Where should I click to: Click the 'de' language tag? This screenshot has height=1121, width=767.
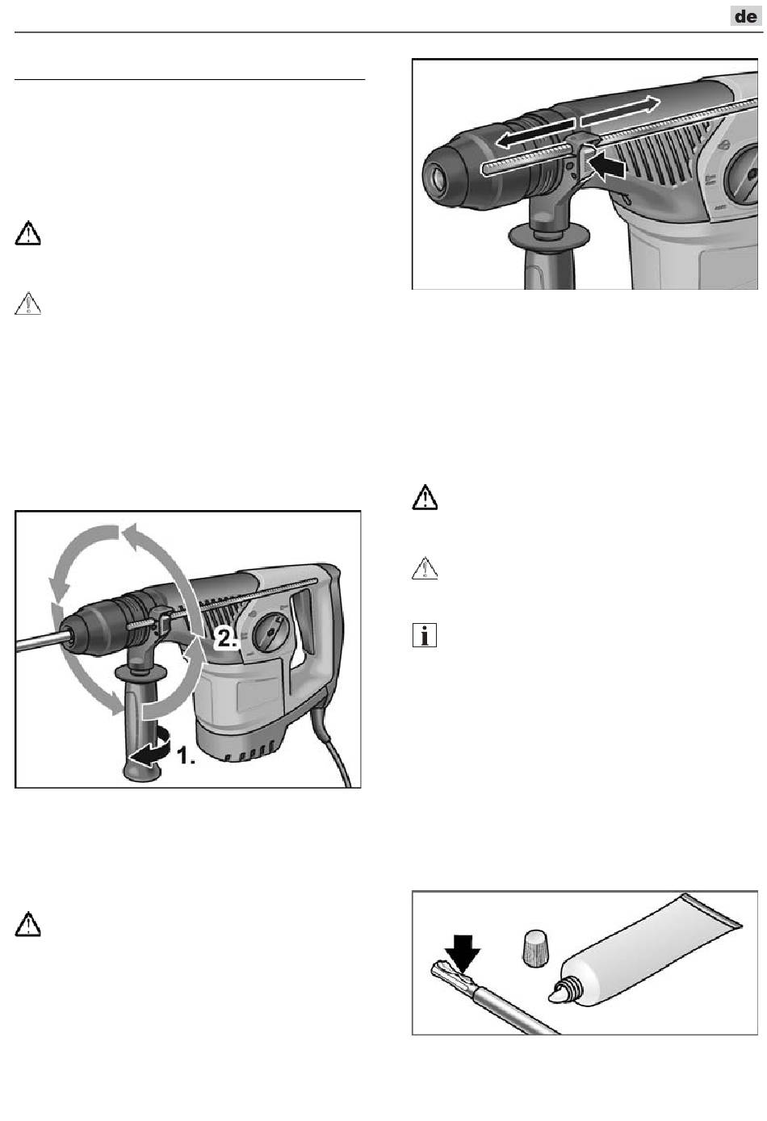[x=745, y=16]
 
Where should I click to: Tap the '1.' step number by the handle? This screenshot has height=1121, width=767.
[x=186, y=755]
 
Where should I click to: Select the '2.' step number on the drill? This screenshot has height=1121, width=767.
[x=226, y=638]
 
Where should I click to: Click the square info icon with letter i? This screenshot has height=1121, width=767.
[x=425, y=635]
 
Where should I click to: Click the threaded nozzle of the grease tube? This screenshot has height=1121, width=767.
[x=566, y=990]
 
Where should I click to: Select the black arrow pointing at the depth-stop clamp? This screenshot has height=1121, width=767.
[x=607, y=168]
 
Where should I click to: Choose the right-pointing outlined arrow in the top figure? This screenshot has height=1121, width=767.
[x=620, y=111]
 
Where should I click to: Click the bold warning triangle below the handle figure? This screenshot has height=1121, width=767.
[x=28, y=924]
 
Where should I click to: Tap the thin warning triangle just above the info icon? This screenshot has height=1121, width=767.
[x=425, y=568]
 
